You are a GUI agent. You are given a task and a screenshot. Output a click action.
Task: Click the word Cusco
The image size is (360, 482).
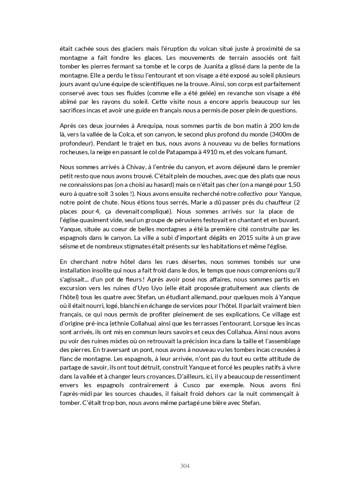(220, 385)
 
